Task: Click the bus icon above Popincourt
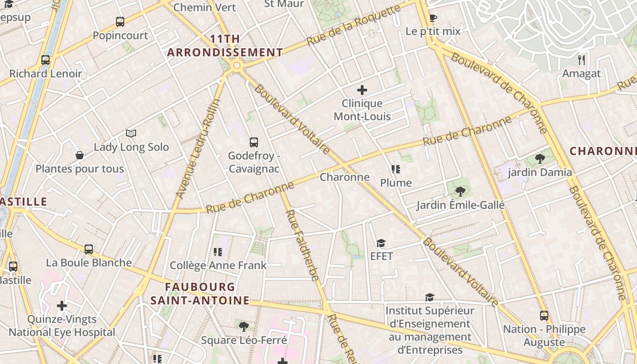(120, 21)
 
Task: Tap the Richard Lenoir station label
(45, 73)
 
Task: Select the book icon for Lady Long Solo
(131, 133)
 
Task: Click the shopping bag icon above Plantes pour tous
(80, 155)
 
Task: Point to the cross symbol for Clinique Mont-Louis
(362, 90)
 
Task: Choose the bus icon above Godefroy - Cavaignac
(254, 142)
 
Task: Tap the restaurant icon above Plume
(396, 169)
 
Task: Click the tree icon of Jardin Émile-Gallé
(460, 191)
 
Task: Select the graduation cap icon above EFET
(381, 243)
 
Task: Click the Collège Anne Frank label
(218, 265)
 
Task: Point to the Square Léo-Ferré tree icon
(244, 326)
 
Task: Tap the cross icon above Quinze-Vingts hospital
(62, 306)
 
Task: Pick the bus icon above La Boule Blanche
(89, 249)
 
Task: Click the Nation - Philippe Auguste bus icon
(544, 315)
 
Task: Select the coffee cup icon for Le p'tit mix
(433, 18)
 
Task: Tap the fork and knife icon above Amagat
(581, 60)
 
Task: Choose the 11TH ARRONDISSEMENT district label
(225, 45)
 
